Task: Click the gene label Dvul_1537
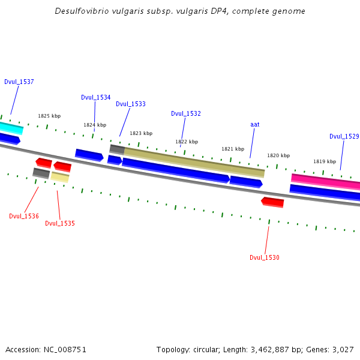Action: tap(19, 82)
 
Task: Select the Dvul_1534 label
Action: tap(96, 97)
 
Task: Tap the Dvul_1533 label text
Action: tap(131, 104)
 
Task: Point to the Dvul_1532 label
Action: tap(186, 113)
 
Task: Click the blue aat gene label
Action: tap(255, 124)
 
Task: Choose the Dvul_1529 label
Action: tap(344, 136)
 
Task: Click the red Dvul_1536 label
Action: tap(24, 216)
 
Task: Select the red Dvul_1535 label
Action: tap(60, 223)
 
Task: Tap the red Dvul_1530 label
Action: tap(265, 257)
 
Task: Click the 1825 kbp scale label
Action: tap(49, 116)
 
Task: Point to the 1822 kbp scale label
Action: tap(187, 142)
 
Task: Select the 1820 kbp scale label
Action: tap(278, 155)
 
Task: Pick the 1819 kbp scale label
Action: tap(325, 161)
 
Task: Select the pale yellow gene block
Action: tap(60, 176)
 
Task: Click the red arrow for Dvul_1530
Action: tap(272, 202)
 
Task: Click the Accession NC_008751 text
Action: tap(46, 349)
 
